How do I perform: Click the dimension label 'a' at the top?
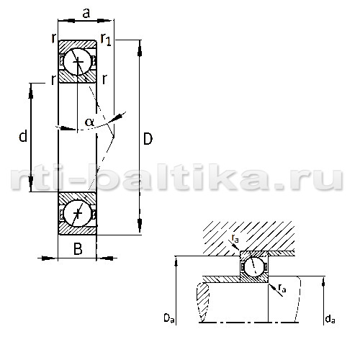[x=86, y=13]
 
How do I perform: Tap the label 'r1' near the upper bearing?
[x=106, y=39]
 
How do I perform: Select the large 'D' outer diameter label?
[x=148, y=139]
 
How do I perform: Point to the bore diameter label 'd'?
[x=23, y=135]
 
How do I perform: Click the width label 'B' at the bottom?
[x=78, y=249]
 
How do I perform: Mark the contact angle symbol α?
[x=89, y=122]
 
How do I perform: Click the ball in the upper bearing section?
[x=78, y=62]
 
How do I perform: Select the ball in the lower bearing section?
[x=78, y=213]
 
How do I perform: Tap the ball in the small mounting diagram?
[x=254, y=266]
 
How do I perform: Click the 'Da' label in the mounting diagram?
[x=169, y=318]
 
